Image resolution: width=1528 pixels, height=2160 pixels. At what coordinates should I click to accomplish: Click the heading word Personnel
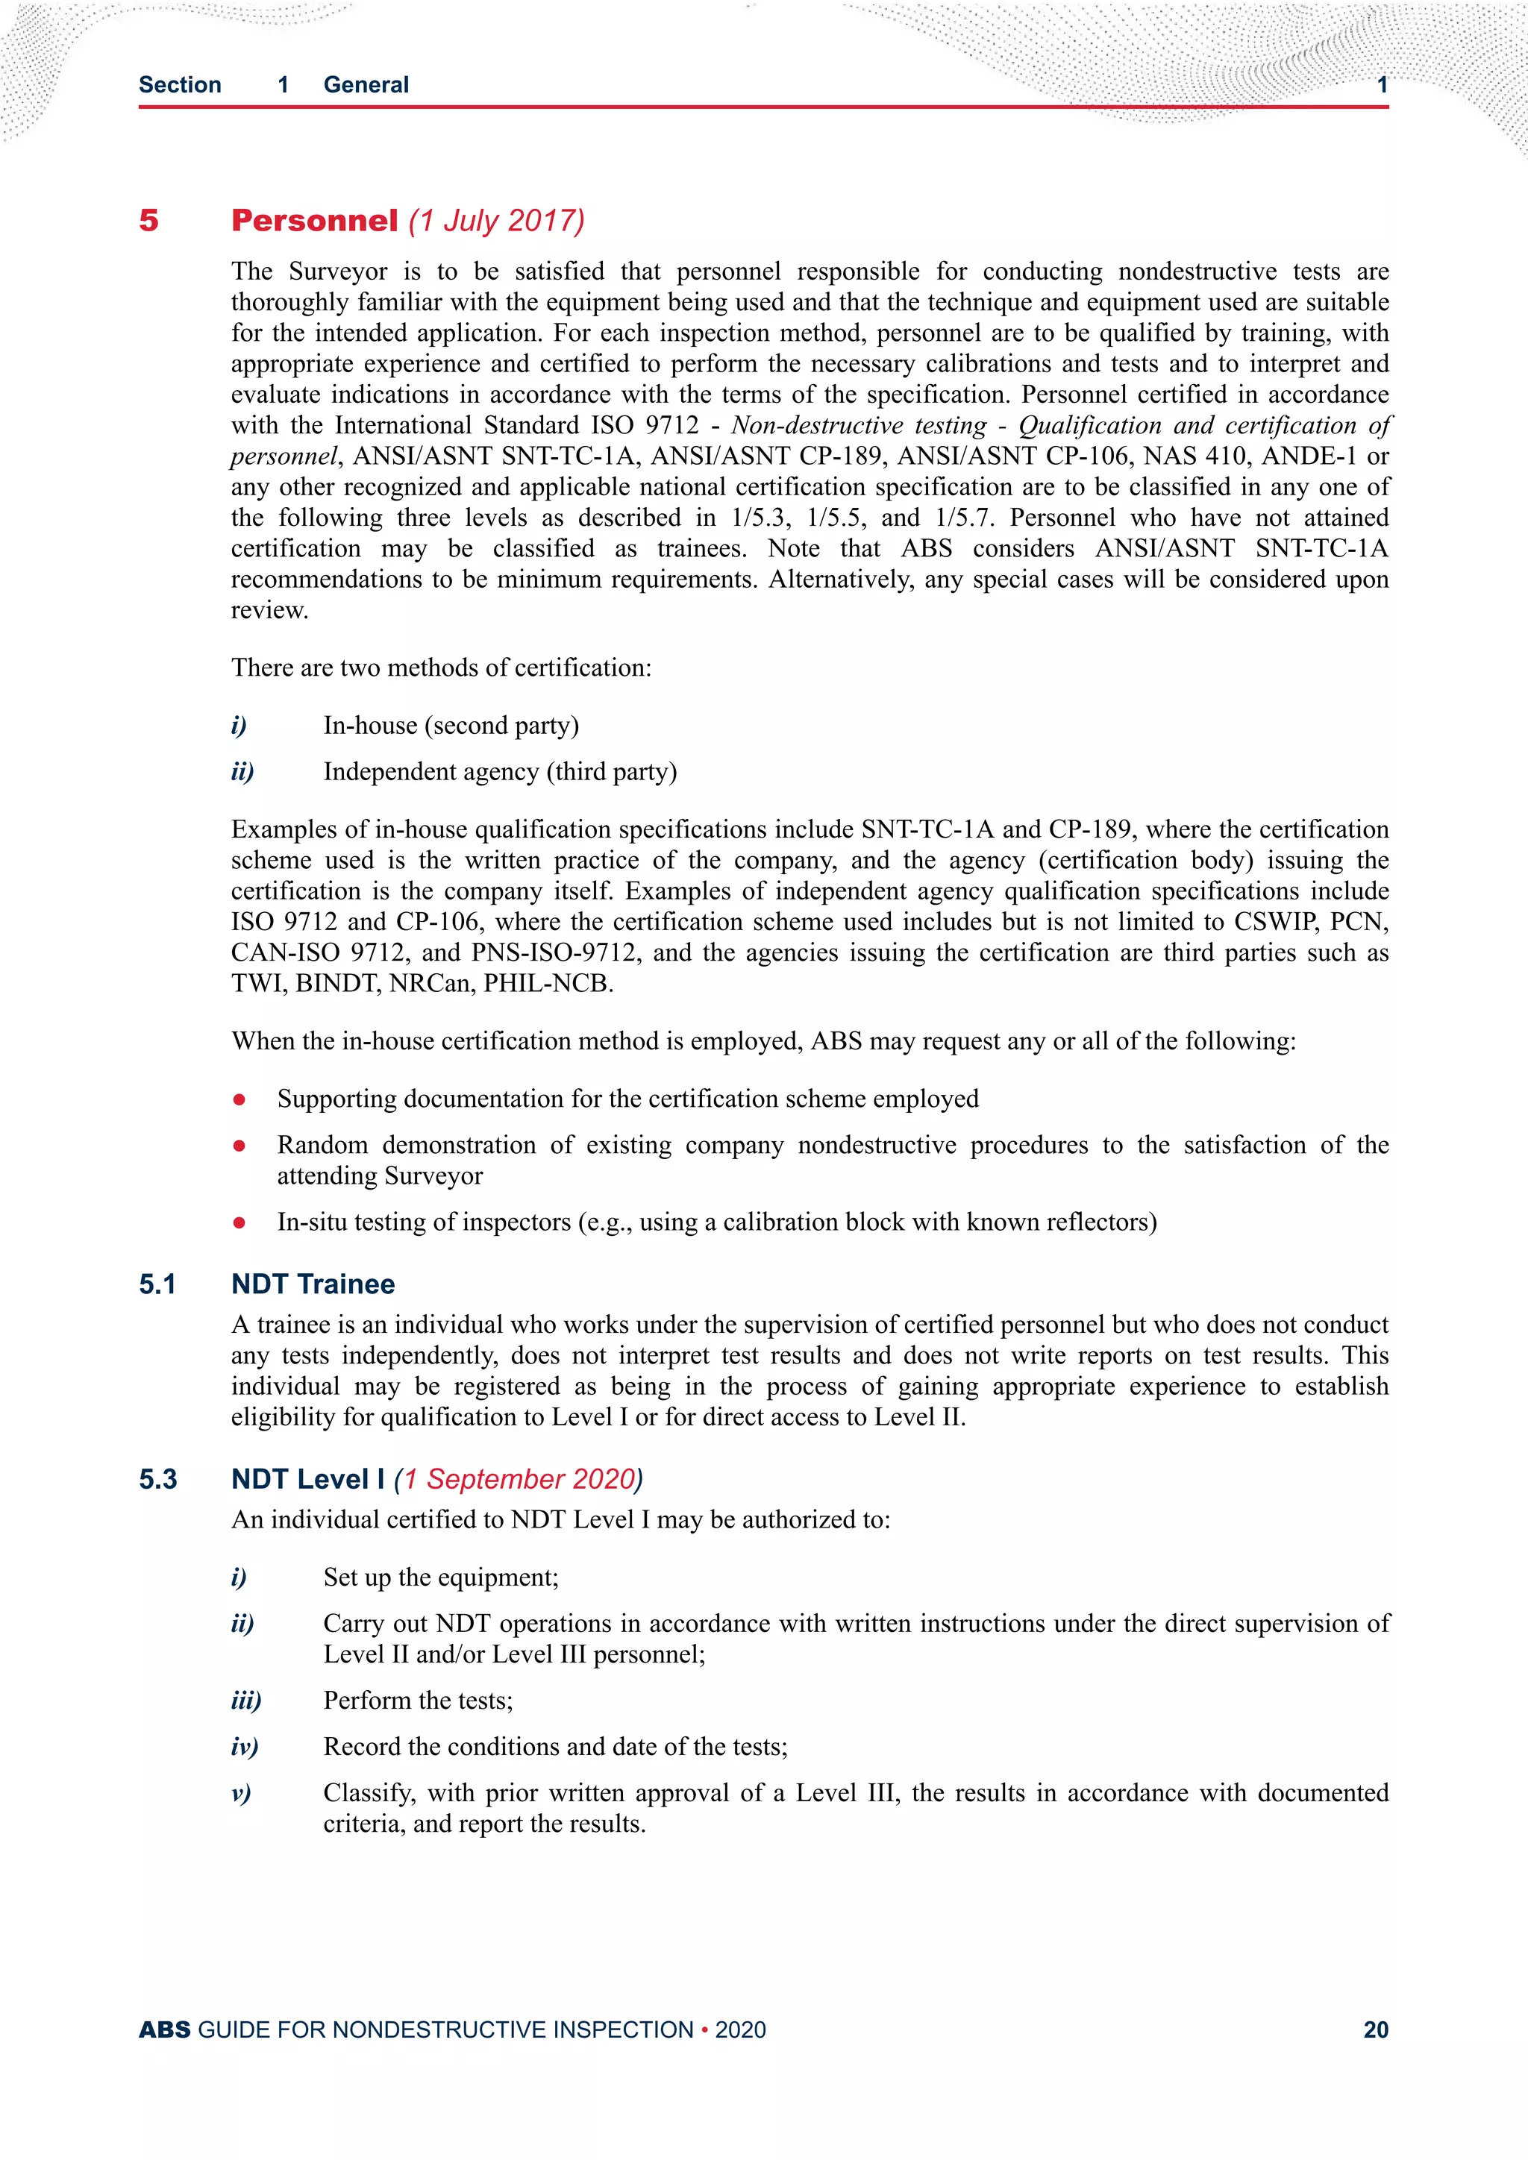[314, 220]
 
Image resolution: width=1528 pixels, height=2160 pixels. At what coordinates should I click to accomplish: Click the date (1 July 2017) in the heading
[497, 220]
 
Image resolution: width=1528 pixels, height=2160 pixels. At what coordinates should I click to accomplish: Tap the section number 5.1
[157, 1284]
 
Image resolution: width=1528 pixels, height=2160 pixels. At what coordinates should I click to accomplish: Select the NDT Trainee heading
[313, 1284]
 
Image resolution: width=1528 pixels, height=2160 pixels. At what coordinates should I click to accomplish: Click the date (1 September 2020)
[519, 1479]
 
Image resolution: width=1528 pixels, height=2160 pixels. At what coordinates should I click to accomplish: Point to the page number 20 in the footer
[1376, 2029]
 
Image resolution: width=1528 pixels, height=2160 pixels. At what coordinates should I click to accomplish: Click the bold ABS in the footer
[165, 2029]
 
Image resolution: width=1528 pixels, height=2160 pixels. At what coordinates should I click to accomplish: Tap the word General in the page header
[366, 85]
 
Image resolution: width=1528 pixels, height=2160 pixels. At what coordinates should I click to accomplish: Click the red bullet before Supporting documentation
[240, 1099]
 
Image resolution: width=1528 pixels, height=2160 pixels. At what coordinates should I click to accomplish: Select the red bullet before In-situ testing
[240, 1222]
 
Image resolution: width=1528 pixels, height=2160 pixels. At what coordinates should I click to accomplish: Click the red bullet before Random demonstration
[240, 1146]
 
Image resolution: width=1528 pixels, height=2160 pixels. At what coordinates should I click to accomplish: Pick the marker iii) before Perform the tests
[245, 1700]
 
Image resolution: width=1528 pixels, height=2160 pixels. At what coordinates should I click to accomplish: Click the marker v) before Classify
[241, 1793]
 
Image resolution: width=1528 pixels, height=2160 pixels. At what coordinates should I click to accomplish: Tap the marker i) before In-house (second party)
[239, 725]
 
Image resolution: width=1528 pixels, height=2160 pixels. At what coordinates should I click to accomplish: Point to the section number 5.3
[158, 1479]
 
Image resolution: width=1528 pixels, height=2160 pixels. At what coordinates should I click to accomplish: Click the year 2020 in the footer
[740, 2029]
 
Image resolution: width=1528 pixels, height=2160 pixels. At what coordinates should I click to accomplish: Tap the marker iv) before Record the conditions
[245, 1747]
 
